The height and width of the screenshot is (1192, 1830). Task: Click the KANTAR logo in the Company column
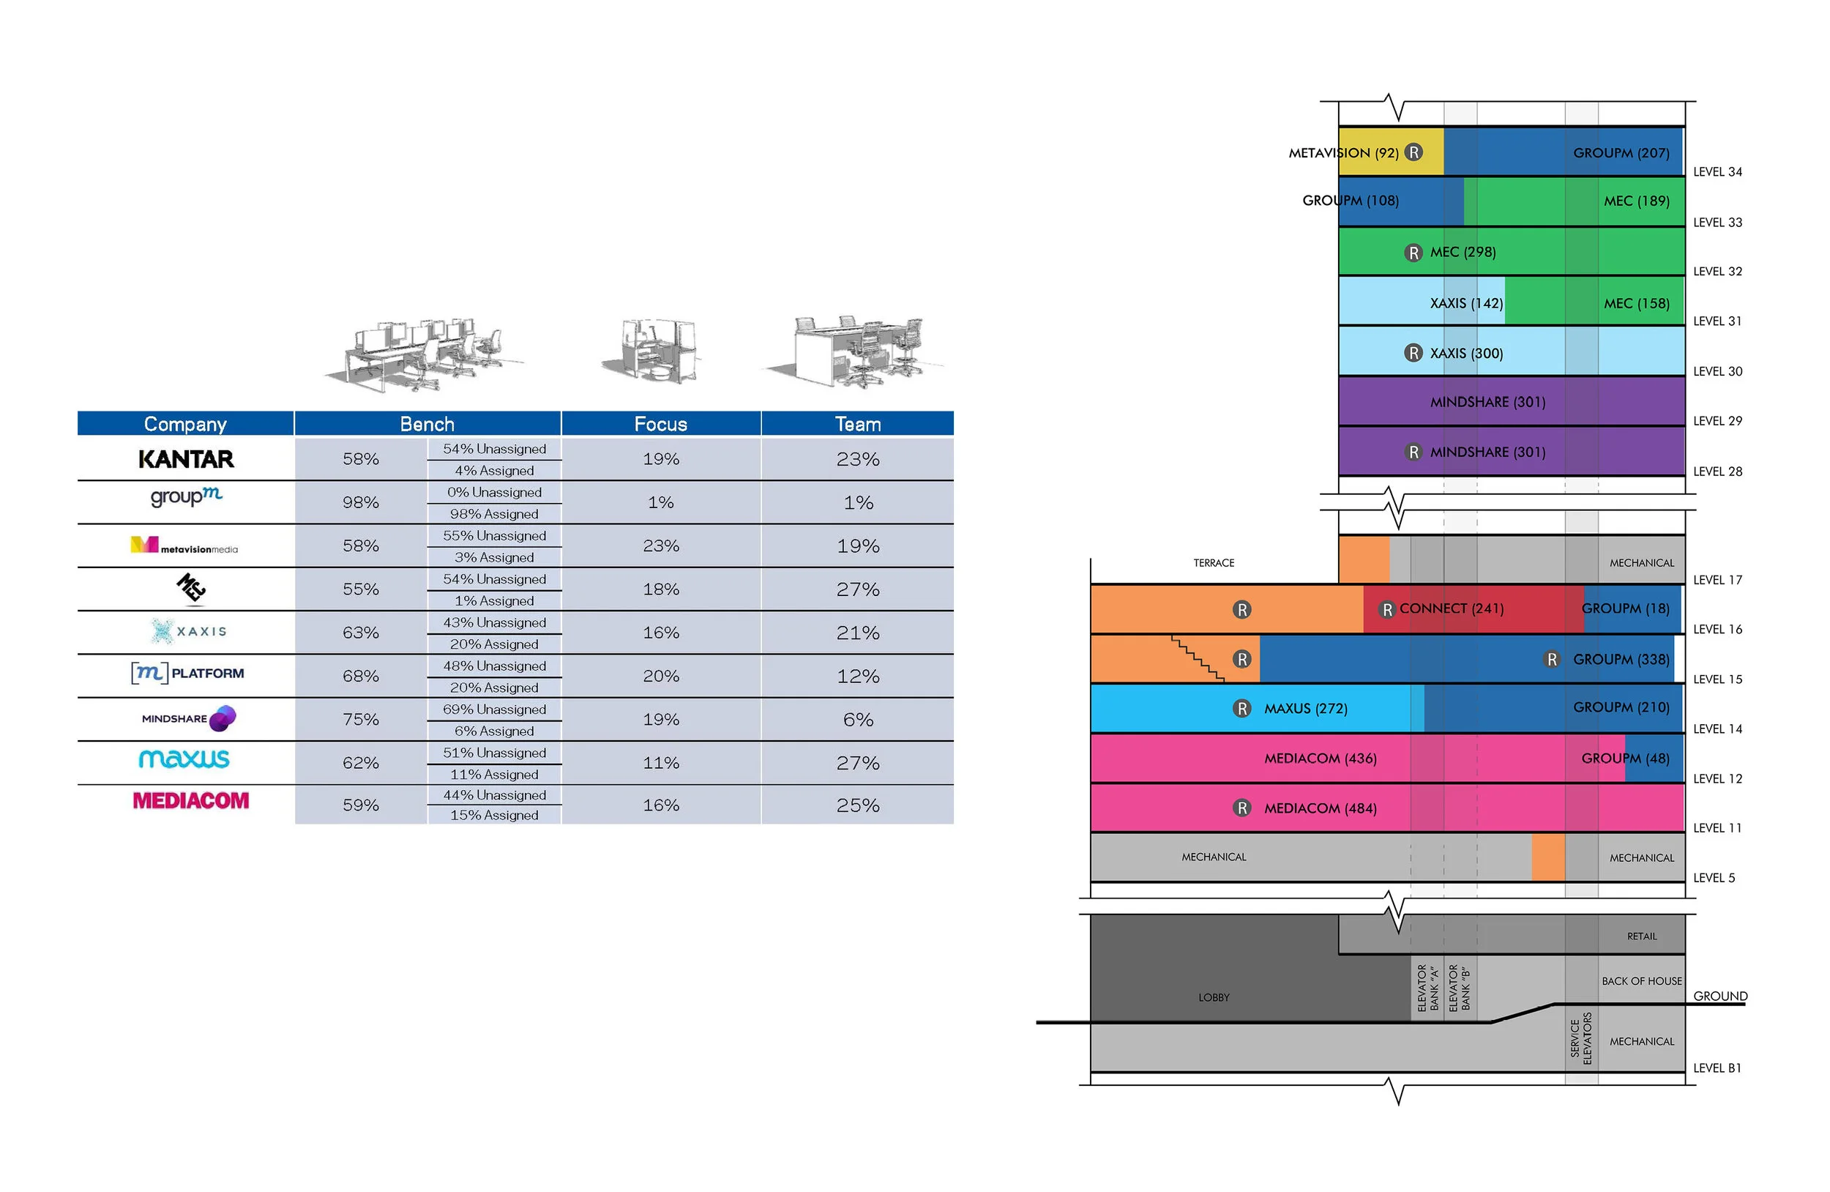tap(185, 459)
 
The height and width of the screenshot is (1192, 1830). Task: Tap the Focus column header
tap(660, 424)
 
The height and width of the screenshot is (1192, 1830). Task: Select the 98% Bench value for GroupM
tap(361, 502)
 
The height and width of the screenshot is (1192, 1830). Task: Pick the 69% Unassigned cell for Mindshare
tap(494, 709)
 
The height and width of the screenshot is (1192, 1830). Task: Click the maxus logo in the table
tap(184, 759)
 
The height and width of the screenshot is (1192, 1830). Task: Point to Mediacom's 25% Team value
tap(857, 805)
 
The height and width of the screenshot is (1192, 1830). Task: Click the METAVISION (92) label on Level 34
tap(1342, 153)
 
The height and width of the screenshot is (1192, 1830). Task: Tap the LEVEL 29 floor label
tap(1717, 421)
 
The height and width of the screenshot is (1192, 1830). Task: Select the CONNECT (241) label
tap(1451, 608)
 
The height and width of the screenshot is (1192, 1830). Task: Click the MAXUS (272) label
tap(1306, 708)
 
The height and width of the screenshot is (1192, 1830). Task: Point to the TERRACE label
tap(1214, 563)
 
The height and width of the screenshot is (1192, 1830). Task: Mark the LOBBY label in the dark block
tap(1214, 997)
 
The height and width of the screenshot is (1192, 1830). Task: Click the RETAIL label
tap(1641, 936)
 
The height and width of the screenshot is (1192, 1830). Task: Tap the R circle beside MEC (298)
tap(1413, 253)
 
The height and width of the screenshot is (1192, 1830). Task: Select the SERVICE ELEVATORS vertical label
tap(1581, 1038)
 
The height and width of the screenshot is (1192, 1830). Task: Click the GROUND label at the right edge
tap(1719, 996)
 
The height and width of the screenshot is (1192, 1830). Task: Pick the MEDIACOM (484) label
tap(1321, 808)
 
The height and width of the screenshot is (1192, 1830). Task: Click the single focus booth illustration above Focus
tap(657, 351)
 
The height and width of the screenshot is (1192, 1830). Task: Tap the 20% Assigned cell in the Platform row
tap(494, 688)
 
